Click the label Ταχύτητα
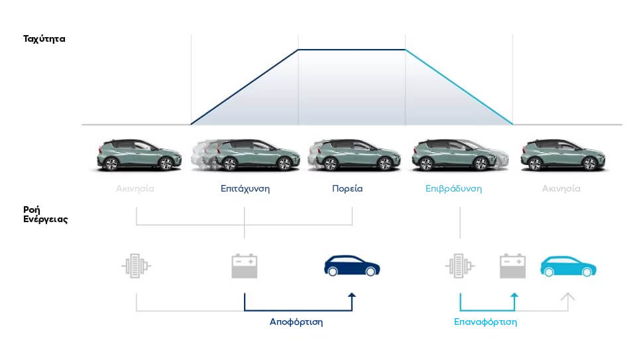coord(44,39)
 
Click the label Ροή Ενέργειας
coord(45,214)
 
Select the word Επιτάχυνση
coord(245,189)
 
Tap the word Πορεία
coord(347,189)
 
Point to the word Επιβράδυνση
coord(453,189)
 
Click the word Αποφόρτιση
coord(296,322)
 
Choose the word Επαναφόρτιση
coord(485,322)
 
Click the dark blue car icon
coord(352,266)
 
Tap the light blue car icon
coord(568,266)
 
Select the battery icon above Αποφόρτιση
coord(245,266)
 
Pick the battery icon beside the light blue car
coord(512,266)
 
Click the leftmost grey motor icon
coord(136,266)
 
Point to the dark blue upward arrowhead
coord(352,295)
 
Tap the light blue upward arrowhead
coord(514,295)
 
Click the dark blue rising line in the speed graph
coord(245,87)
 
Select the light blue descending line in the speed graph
coord(459,87)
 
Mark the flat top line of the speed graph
coord(352,50)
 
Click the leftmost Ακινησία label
coord(135,189)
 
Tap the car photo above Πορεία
coord(354,155)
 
